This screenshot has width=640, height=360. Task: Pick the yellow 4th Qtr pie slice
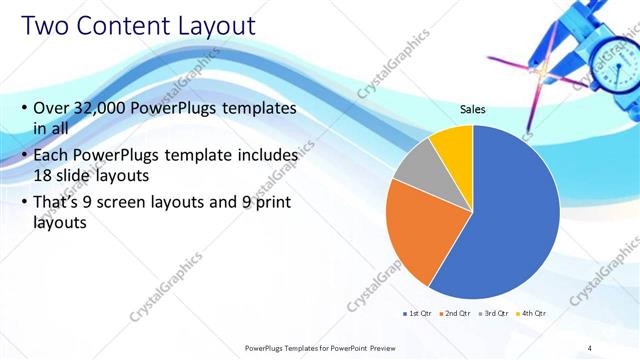[452, 142]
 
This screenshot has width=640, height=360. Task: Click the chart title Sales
[473, 110]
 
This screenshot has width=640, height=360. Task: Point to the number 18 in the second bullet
[44, 174]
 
